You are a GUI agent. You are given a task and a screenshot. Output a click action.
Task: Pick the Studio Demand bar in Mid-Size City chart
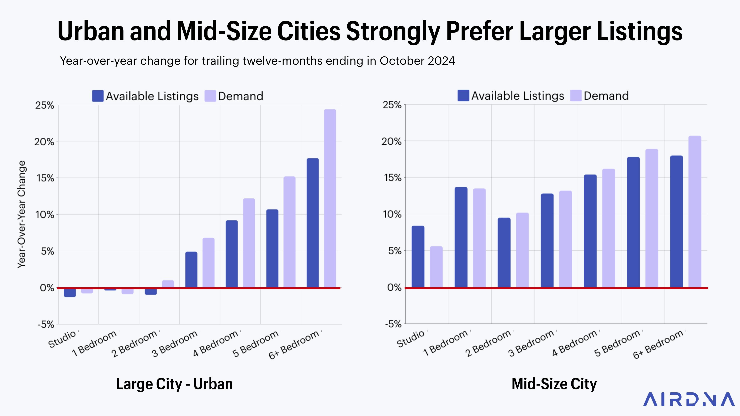[436, 267]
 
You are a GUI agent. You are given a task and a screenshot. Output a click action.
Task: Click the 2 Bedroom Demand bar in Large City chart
[168, 284]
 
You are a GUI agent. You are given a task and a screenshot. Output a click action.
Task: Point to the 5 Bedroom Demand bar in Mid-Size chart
[652, 218]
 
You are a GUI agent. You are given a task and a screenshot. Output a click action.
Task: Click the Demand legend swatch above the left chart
[210, 96]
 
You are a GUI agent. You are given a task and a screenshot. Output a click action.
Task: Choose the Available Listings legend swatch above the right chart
[463, 96]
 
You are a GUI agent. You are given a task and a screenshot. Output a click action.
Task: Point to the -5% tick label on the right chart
[393, 324]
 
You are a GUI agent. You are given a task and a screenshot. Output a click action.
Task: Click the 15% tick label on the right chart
[393, 178]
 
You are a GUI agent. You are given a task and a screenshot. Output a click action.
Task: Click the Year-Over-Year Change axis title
[22, 215]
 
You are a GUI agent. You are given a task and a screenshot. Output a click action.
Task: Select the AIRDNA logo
[688, 399]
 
